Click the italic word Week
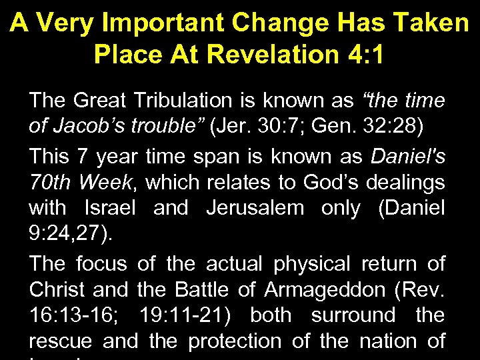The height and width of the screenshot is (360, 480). pos(107,182)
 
